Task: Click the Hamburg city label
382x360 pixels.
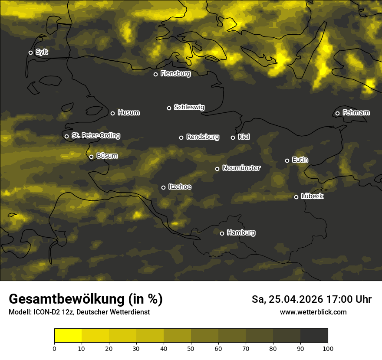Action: (241, 233)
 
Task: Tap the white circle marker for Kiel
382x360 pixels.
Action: (233, 137)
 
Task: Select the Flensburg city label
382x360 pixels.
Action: (175, 74)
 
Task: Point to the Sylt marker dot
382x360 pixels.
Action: (30, 52)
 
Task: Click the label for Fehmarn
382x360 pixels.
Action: (356, 113)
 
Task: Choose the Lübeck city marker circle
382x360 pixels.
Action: (296, 197)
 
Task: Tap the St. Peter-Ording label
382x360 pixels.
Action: (95, 136)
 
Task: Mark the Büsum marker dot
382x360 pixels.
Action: (91, 157)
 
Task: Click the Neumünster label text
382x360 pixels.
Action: (241, 168)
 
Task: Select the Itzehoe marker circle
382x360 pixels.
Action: (163, 187)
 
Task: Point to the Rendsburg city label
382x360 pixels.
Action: (203, 137)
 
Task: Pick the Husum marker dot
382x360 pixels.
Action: (112, 113)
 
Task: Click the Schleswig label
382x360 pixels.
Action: (189, 107)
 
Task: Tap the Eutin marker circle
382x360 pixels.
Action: (287, 160)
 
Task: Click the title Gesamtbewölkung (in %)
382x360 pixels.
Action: (86, 299)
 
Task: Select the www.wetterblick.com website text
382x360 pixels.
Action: (313, 312)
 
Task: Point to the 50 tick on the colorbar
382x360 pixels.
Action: (191, 348)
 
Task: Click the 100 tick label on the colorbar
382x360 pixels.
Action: (328, 348)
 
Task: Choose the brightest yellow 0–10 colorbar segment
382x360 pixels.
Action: (68, 336)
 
